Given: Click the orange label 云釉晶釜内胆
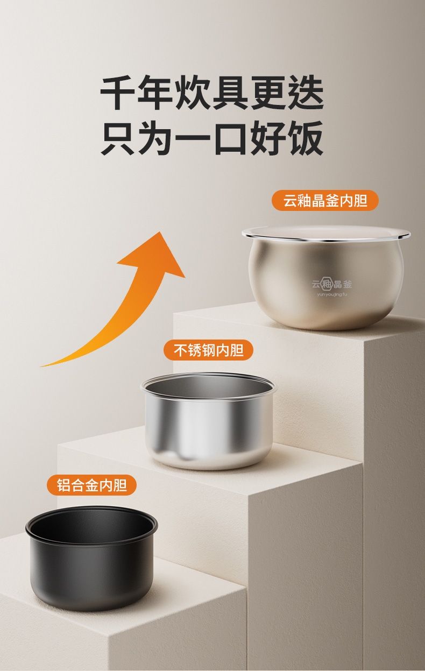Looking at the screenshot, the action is [x=325, y=200].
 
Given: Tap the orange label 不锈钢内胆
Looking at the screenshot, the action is [x=208, y=350].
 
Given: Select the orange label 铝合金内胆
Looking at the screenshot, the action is [x=92, y=485].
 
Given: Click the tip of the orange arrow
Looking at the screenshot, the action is [x=160, y=231].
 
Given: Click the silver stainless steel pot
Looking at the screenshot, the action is [x=208, y=421].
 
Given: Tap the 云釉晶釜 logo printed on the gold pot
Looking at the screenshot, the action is [x=332, y=284].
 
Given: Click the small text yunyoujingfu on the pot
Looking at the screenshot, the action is [x=332, y=294].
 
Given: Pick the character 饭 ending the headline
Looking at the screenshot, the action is [x=306, y=138].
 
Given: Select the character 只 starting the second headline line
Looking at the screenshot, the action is [x=118, y=138].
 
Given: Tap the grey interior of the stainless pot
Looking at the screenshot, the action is [x=208, y=386].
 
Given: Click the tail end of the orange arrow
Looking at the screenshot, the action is [x=41, y=366].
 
